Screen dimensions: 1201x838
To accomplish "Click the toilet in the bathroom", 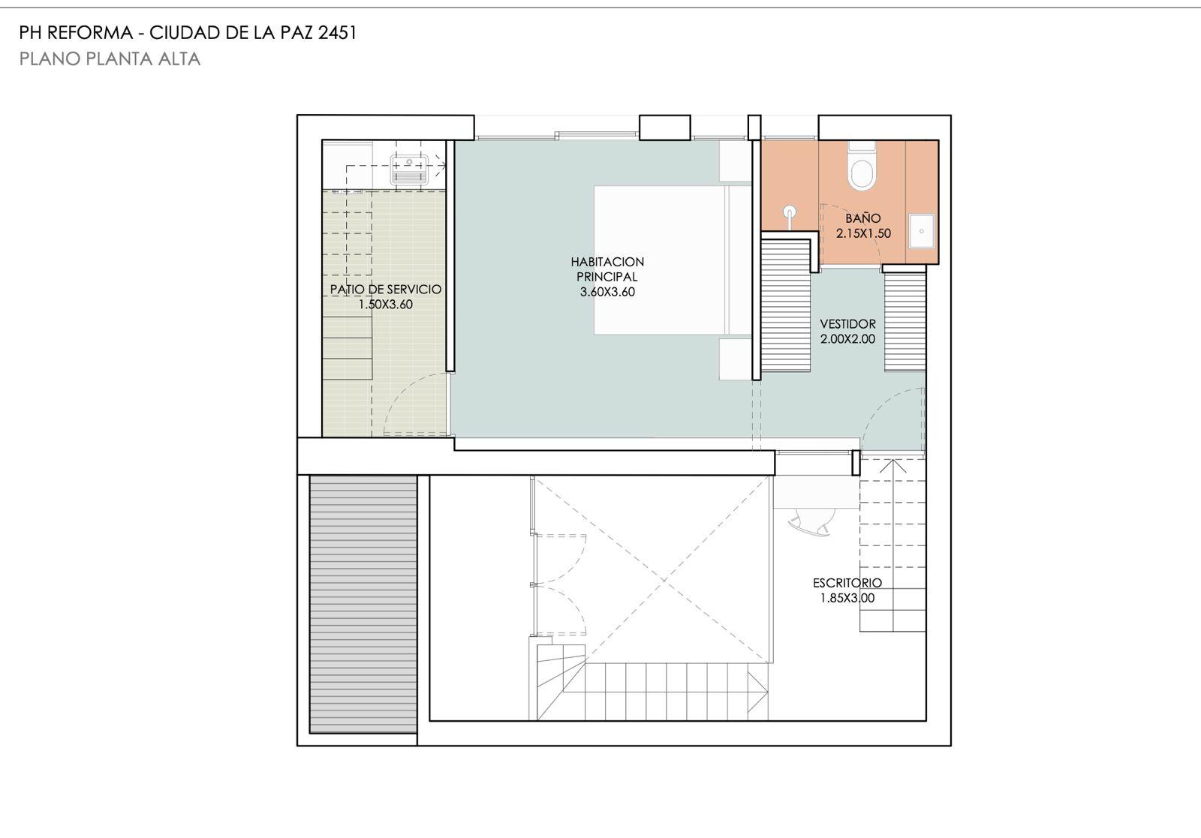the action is pos(862,166).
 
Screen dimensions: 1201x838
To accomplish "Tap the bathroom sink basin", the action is pos(922,231).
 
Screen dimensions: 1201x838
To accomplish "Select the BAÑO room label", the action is pos(862,218).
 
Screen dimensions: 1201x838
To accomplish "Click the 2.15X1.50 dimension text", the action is pos(863,233).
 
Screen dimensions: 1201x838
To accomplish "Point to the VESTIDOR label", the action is pos(847,323).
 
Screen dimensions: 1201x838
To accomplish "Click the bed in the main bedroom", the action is pos(673,260).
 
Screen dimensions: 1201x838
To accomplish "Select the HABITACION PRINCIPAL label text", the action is pos(607,269).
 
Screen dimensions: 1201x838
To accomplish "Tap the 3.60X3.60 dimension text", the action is pos(607,292).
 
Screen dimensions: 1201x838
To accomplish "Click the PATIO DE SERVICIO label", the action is pos(386,290).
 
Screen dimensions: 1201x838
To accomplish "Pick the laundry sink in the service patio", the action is pos(409,170).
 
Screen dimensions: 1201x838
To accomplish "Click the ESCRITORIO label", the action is pos(847,582).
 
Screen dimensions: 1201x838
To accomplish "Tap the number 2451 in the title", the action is pos(337,33).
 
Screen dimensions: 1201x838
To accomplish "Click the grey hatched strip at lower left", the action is pos(363,604).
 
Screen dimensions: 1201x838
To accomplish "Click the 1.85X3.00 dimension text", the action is pos(847,598).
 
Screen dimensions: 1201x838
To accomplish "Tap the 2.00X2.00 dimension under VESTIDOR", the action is pos(847,338).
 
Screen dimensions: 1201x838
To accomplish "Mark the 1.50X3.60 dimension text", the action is pos(386,305).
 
